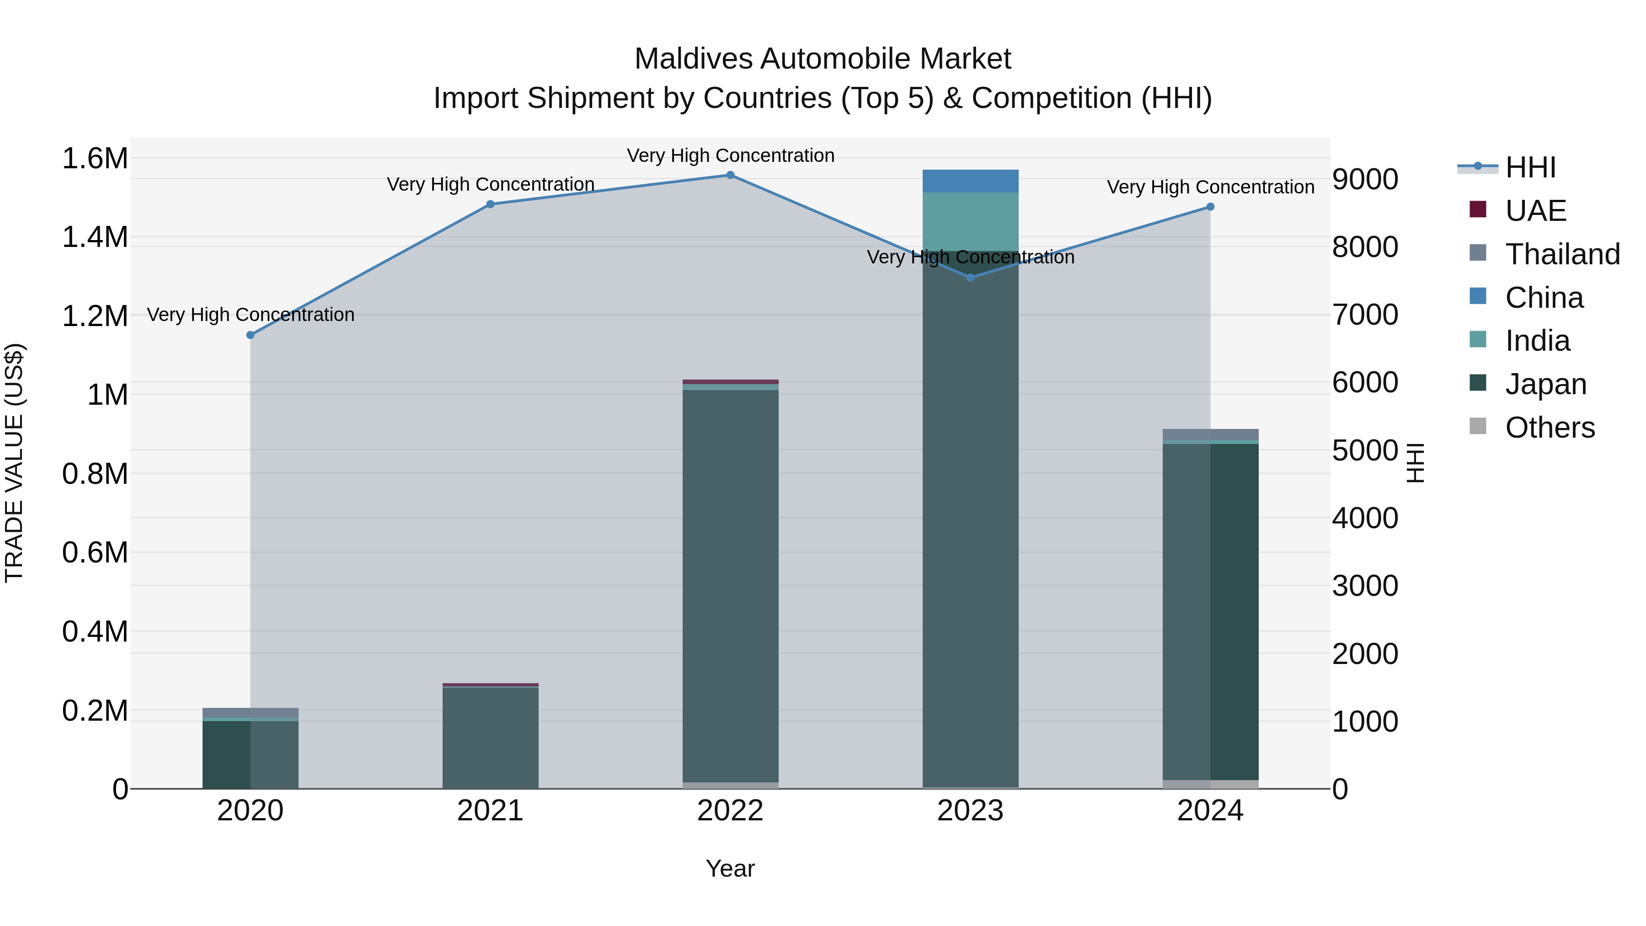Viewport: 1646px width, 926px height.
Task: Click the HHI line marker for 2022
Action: pyautogui.click(x=730, y=175)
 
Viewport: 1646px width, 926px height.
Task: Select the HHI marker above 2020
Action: pyautogui.click(x=251, y=335)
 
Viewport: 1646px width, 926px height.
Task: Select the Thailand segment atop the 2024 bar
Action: pyautogui.click(x=1210, y=434)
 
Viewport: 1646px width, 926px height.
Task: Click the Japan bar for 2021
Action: pyautogui.click(x=490, y=738)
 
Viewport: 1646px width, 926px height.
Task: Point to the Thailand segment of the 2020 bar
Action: pyautogui.click(x=251, y=712)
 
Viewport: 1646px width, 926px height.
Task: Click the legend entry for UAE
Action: pyautogui.click(x=1535, y=211)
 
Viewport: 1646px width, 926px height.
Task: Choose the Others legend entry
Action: pyautogui.click(x=1550, y=428)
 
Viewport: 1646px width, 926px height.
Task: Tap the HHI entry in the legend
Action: pyautogui.click(x=1530, y=167)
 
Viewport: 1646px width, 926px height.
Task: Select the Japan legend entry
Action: pyautogui.click(x=1545, y=384)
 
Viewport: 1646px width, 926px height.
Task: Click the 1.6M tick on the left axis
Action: pyautogui.click(x=95, y=159)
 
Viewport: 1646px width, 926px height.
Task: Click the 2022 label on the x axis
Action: pyautogui.click(x=730, y=811)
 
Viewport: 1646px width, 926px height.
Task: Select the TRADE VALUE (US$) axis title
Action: pyautogui.click(x=14, y=463)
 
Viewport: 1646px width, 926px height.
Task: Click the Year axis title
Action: pyautogui.click(x=730, y=868)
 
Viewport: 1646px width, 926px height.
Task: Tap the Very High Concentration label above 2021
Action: pyautogui.click(x=490, y=184)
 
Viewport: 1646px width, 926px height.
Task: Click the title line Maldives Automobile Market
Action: pyautogui.click(x=823, y=59)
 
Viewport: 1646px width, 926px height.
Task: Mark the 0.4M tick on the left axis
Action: pyautogui.click(x=95, y=632)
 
